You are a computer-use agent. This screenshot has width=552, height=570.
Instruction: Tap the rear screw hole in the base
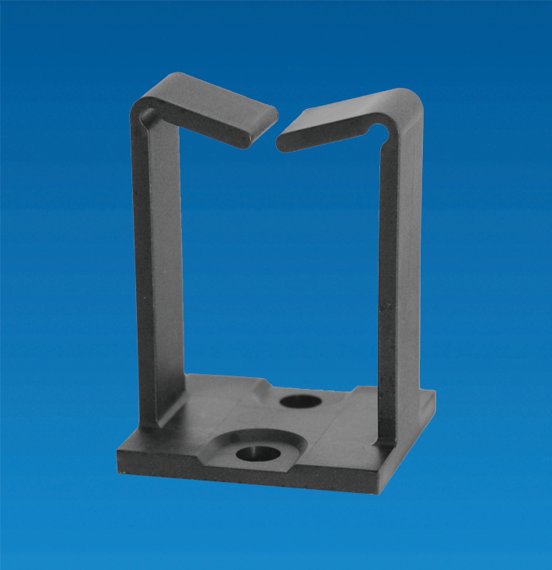(x=300, y=401)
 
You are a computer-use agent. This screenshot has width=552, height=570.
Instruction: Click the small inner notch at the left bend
(x=146, y=116)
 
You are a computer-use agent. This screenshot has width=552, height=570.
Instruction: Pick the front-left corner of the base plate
(x=121, y=459)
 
